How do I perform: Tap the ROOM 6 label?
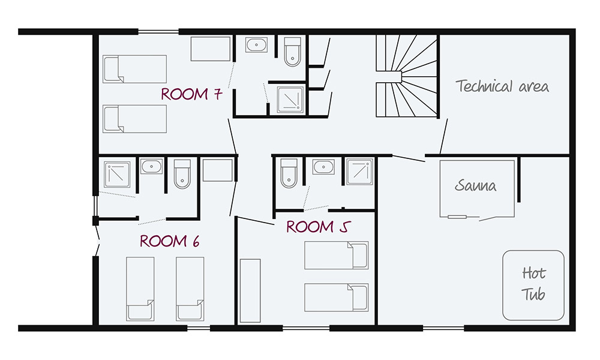[x=169, y=241]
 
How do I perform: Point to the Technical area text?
[x=502, y=86]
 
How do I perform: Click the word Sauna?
[x=475, y=185]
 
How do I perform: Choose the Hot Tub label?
[x=533, y=284]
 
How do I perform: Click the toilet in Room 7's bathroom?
[x=292, y=51]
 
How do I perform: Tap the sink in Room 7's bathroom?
[x=257, y=45]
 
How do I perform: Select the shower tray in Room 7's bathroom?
[x=291, y=99]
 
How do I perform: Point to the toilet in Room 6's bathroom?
[x=182, y=173]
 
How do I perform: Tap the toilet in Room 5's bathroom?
[x=289, y=172]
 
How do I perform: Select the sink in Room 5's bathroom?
[x=324, y=166]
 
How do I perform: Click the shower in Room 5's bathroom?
[x=359, y=173]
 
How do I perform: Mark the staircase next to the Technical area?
[x=406, y=75]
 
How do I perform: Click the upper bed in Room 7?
[x=134, y=68]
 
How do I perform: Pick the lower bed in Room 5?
[x=336, y=298]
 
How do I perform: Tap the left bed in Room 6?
[x=140, y=289]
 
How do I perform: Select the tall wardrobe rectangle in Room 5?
[x=250, y=291]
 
